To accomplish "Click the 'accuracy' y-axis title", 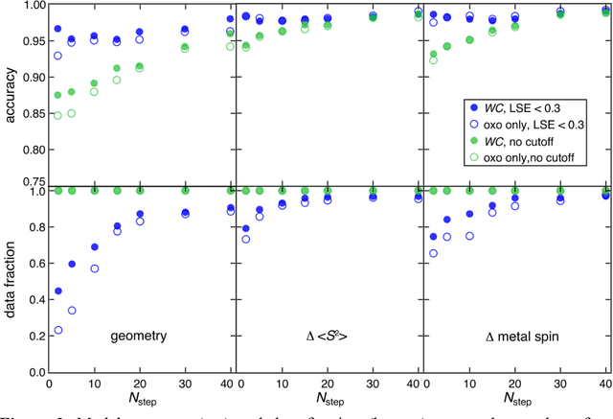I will tap(9, 94).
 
